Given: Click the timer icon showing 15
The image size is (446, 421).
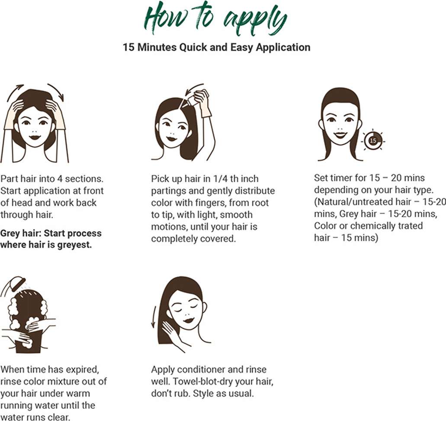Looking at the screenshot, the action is [373, 140].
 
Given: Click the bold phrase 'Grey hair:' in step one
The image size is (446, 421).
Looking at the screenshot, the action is [21, 233].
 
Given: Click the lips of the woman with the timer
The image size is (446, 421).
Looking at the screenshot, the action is [340, 134].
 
